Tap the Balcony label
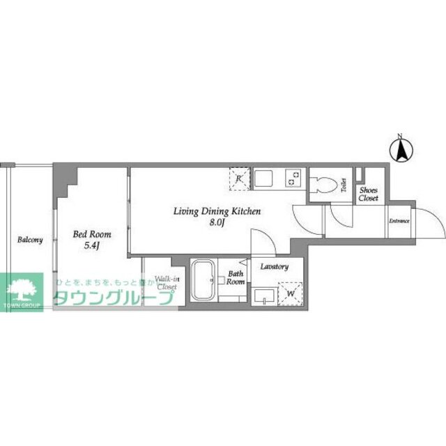(x=30, y=240)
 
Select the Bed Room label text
(x=92, y=235)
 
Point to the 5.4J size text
(x=92, y=246)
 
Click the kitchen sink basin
(x=265, y=179)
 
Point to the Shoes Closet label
(x=369, y=193)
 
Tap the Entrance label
(x=399, y=222)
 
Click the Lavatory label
(x=274, y=267)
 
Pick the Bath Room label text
(x=236, y=277)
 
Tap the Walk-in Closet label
(x=167, y=282)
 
